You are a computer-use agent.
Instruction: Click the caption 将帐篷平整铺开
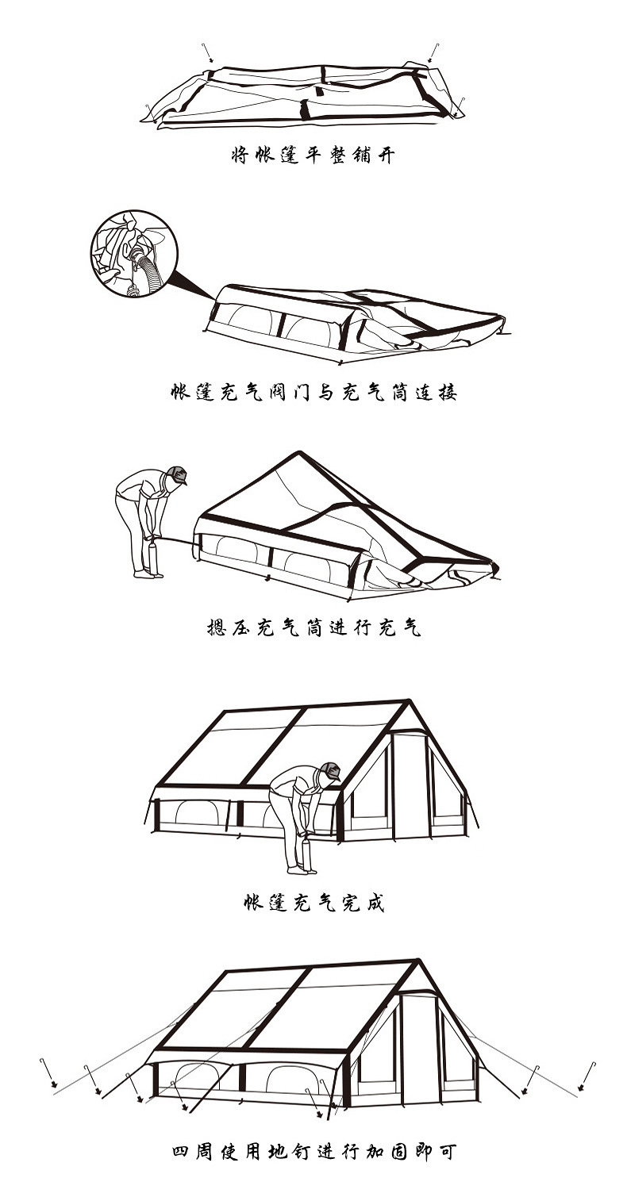313,155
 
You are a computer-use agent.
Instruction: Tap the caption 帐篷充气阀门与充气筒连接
313,393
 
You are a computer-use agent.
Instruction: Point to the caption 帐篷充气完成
313,904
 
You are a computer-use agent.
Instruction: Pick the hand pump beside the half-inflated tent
154,554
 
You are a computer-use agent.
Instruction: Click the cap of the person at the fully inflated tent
331,770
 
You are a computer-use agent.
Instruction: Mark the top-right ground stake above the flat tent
433,52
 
